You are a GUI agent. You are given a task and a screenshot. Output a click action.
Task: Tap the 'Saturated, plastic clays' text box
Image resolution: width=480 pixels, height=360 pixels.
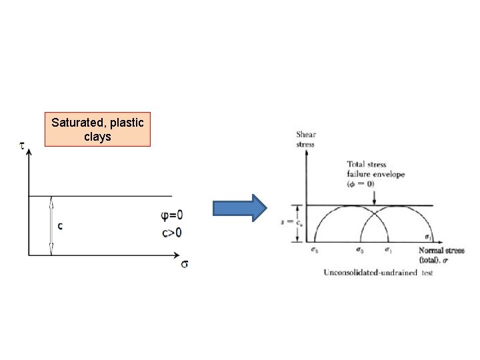pos(97,130)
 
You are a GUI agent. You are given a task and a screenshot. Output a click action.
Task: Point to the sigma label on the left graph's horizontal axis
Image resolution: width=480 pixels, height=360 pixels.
pos(183,264)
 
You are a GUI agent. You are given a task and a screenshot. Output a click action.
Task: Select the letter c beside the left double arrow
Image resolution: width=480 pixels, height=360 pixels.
pos(61,226)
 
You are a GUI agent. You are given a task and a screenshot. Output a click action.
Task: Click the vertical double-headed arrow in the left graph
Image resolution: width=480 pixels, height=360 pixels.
pos(52,225)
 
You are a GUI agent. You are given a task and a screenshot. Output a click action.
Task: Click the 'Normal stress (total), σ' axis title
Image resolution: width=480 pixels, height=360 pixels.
pos(439,255)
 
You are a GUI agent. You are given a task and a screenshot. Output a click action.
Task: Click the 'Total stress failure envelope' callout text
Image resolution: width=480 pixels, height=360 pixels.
pos(375,174)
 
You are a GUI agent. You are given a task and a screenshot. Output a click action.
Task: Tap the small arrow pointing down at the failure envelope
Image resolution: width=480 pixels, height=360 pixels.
pos(375,198)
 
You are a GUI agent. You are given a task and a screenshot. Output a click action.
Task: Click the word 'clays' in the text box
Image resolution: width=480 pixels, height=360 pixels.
pos(97,137)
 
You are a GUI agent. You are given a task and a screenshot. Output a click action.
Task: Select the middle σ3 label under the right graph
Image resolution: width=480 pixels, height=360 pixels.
pos(361,250)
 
